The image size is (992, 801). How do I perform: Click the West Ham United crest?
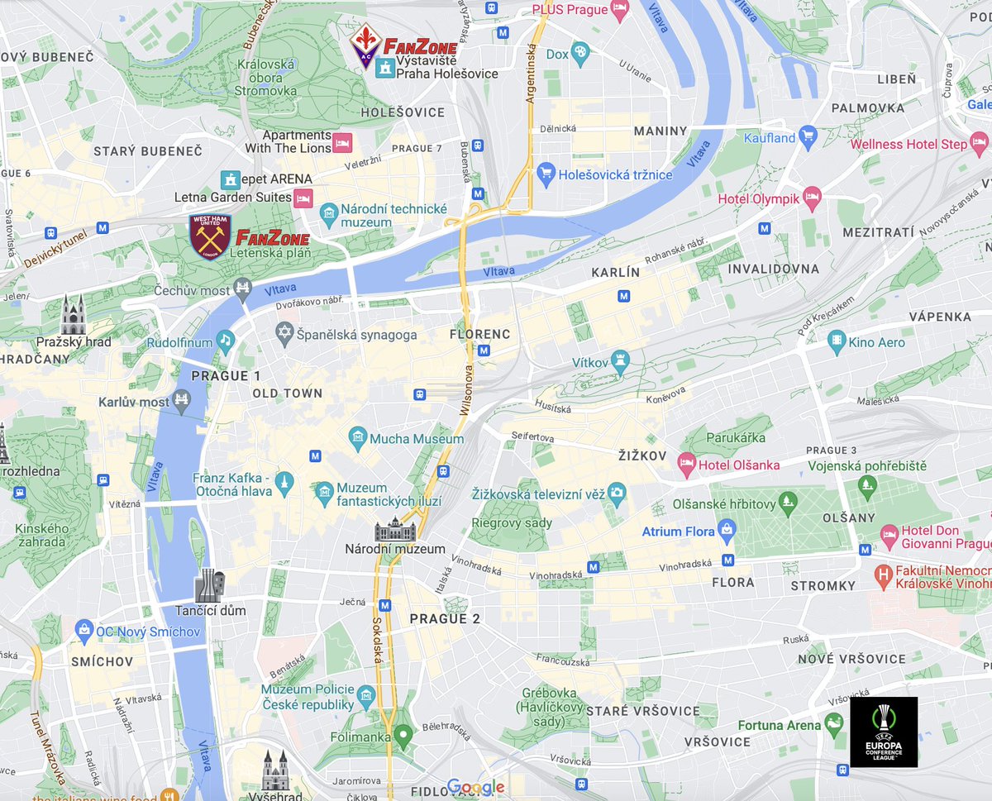pos(210,236)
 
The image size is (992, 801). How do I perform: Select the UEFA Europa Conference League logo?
pos(884,732)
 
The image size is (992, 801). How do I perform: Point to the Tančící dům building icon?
pos(210,585)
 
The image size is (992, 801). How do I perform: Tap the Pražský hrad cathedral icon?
pos(74,315)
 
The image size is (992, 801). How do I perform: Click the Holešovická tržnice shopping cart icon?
pos(545,174)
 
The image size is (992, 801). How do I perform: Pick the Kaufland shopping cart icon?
pos(808,137)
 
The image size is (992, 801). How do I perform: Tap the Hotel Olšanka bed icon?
pos(685,465)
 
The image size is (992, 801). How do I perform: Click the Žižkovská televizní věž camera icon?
pos(616,494)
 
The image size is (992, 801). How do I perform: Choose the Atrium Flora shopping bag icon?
pos(727,532)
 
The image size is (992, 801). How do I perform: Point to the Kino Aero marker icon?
pos(837,341)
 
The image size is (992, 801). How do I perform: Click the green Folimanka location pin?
pos(403,733)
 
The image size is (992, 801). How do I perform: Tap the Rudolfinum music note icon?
pos(225,341)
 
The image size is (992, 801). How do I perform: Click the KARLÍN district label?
pos(616,272)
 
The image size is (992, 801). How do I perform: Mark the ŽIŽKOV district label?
pos(641,455)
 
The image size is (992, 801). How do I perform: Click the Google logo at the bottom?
pos(475,786)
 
